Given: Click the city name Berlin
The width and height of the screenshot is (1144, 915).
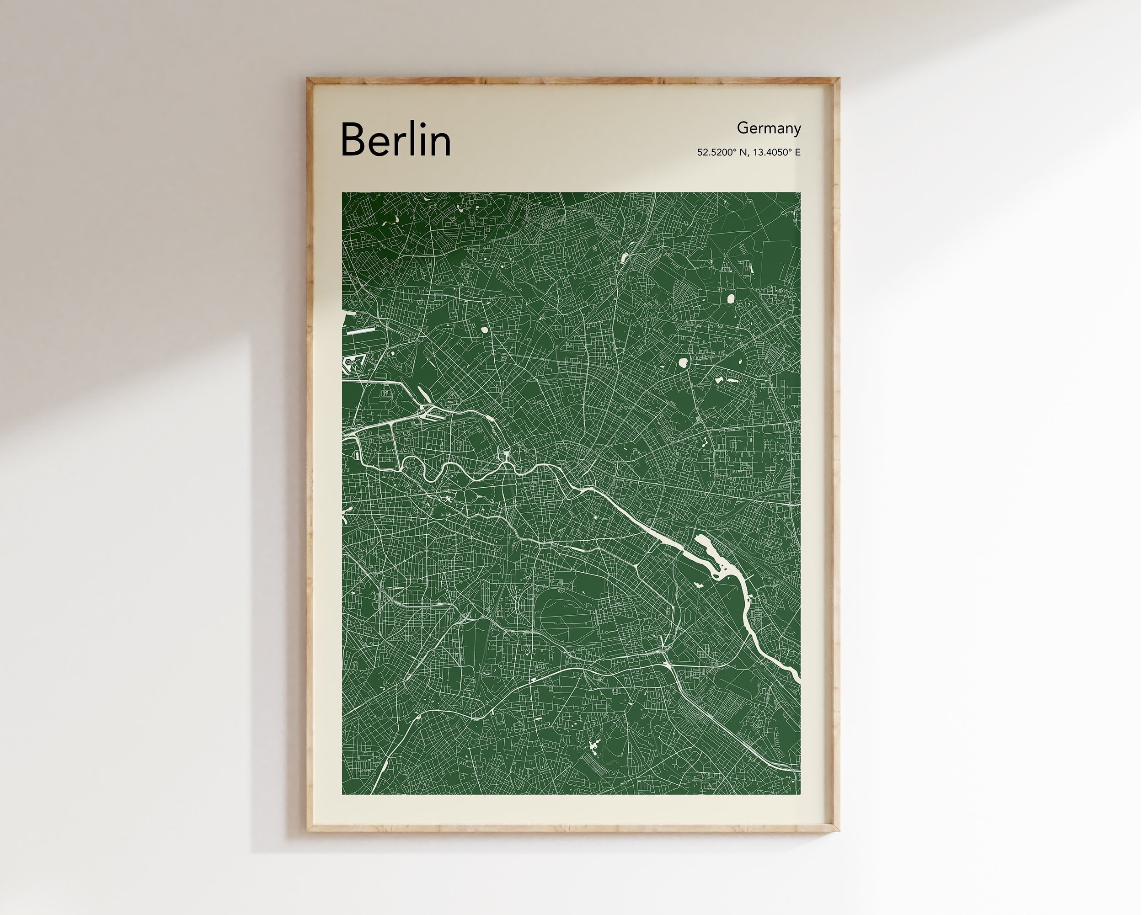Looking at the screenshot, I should point(396,140).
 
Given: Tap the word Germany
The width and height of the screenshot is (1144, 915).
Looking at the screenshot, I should point(769,128).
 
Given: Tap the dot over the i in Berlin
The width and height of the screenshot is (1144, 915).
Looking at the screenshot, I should point(423,126).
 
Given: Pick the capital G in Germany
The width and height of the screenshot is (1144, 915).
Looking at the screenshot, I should point(743,128).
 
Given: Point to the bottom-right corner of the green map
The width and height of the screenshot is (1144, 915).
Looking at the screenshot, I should point(800,794).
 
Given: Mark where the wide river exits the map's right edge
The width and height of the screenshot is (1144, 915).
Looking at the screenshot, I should point(798,676).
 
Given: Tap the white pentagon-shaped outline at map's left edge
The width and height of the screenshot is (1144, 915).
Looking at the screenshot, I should point(353,364).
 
